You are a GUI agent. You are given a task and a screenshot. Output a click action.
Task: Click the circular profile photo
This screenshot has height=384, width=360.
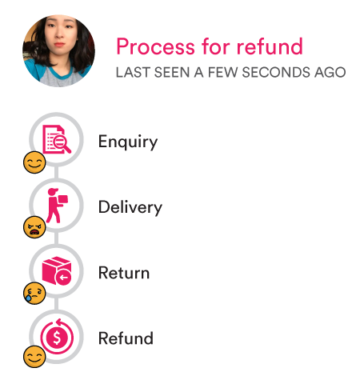[58, 50]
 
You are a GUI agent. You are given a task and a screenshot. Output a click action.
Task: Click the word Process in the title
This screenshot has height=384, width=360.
[155, 46]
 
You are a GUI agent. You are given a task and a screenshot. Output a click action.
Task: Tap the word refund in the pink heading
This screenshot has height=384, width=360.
[270, 46]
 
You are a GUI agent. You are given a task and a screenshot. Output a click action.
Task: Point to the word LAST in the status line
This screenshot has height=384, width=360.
[133, 72]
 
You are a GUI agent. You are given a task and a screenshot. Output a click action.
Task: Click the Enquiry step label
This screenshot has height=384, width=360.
[128, 142]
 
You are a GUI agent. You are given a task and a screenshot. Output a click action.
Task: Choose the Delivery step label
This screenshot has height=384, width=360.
[130, 207]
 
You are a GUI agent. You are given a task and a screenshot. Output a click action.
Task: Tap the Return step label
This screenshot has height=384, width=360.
[124, 273]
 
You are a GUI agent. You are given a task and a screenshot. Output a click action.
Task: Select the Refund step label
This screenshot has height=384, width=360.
[126, 338]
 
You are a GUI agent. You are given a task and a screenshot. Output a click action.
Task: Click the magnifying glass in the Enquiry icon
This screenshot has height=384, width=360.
[62, 143]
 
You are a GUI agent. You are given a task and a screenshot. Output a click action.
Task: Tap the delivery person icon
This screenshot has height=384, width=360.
[57, 206]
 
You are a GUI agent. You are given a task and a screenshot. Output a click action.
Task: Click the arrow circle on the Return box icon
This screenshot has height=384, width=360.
[63, 278]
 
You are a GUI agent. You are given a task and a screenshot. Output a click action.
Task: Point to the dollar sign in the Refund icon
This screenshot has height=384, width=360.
[57, 338]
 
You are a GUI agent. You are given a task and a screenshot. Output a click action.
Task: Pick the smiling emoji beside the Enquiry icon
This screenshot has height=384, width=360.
[34, 162]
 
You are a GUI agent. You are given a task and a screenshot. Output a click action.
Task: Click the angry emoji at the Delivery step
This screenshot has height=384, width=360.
[34, 227]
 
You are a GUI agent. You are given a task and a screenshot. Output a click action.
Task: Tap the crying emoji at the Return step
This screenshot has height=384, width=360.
[34, 293]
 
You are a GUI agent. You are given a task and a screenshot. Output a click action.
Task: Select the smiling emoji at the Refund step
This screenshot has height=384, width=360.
[34, 357]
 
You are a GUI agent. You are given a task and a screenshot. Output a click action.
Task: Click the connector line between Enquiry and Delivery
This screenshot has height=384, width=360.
[56, 172]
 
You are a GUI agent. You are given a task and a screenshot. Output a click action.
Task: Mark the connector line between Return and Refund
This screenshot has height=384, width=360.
[56, 303]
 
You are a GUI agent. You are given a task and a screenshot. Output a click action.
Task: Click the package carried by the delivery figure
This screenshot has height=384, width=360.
[63, 199]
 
